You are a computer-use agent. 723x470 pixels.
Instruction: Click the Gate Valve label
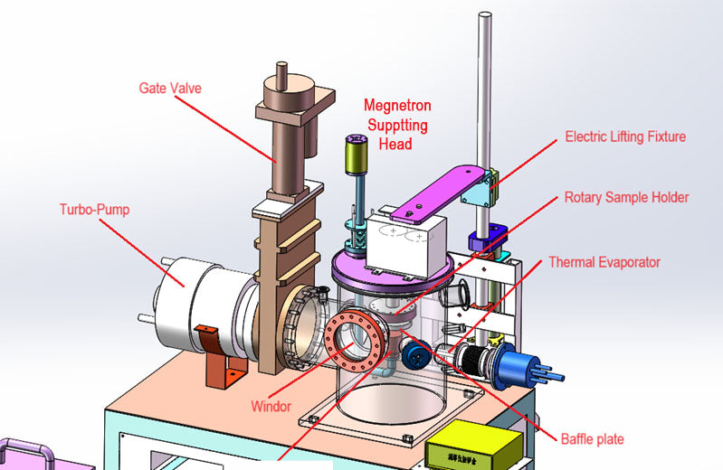[x=169, y=88]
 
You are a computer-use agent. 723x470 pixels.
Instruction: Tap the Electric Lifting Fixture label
[x=625, y=137]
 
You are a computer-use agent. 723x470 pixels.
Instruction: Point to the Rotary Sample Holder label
[x=626, y=197]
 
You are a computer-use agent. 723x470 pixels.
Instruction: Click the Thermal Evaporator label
[x=604, y=262]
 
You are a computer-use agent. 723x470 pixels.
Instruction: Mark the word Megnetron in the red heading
[x=395, y=106]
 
